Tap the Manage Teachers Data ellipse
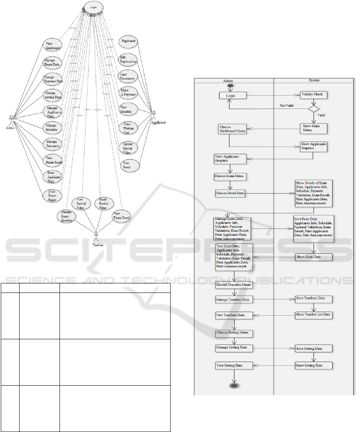(x=53, y=79)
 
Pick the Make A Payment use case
(x=128, y=93)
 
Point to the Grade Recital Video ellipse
(x=103, y=203)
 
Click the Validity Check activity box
(x=314, y=95)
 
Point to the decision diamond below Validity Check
(x=314, y=108)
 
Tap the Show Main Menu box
(x=314, y=128)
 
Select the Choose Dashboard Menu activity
(x=232, y=129)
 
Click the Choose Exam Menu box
(x=230, y=176)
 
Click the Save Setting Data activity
(x=314, y=348)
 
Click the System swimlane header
(x=314, y=80)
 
